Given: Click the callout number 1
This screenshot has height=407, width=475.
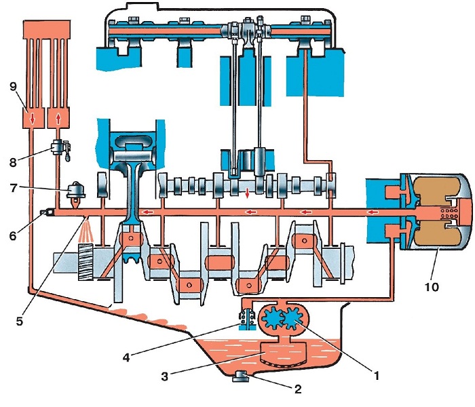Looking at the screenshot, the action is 377,376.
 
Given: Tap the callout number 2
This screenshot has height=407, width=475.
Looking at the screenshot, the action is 298,389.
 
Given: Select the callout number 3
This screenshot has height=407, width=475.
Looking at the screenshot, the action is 164,376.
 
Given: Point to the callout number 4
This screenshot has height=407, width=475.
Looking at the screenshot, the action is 126,357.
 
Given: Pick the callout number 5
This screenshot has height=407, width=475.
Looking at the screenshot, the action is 20,322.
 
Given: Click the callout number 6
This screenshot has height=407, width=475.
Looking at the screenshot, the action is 13,235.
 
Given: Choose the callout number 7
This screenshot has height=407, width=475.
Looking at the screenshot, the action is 13,188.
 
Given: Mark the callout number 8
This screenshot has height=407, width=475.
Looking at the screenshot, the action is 13,163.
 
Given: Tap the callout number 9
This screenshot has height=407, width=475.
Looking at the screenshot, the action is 13,87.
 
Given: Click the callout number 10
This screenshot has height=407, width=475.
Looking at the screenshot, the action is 432,286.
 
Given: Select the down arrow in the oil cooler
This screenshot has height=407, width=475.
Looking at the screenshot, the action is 32,119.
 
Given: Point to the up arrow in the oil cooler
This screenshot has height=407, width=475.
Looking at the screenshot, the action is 58,119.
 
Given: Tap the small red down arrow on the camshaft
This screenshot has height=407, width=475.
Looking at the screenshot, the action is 247,193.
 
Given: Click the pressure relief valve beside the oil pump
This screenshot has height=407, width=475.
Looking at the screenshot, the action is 248,319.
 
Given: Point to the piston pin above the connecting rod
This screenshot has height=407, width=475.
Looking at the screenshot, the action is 133,157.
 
